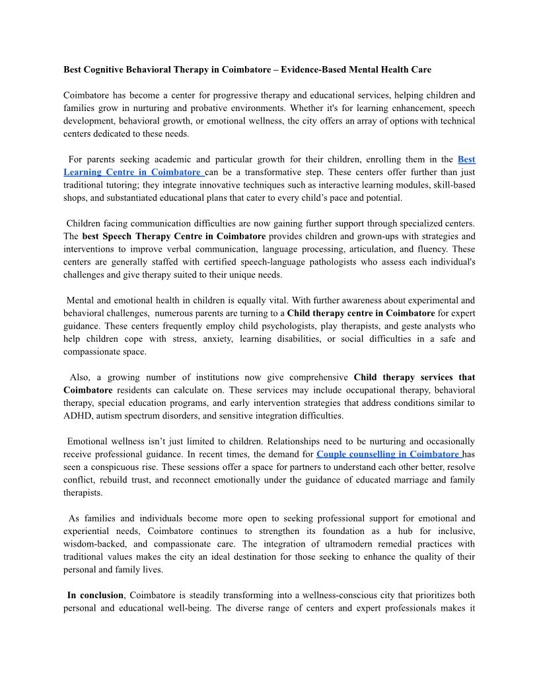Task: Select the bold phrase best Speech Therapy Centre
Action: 147,236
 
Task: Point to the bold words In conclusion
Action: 95,596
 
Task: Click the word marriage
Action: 386,480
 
